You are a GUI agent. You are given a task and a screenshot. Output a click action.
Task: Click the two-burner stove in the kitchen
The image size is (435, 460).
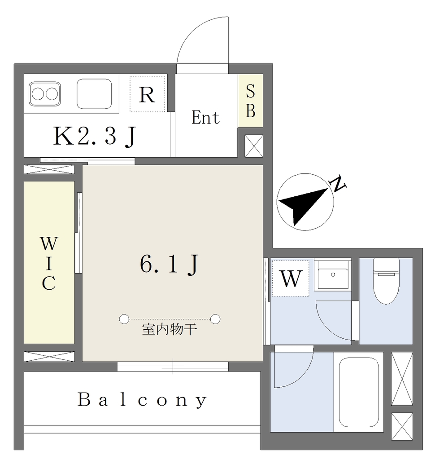point(44,94)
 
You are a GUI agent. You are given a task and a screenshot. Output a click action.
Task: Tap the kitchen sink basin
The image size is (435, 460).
point(94,94)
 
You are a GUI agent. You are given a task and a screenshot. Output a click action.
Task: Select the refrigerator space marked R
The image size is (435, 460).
point(148,94)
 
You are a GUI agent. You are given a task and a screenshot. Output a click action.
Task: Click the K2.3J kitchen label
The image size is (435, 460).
point(94,136)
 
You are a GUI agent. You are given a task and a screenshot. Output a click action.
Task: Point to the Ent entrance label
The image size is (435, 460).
point(205,118)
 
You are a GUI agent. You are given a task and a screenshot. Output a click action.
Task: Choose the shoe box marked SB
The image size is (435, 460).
point(250,101)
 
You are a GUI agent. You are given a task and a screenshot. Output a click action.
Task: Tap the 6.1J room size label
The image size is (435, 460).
point(170,264)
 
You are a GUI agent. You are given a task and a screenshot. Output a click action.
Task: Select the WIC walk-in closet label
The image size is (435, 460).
point(49,263)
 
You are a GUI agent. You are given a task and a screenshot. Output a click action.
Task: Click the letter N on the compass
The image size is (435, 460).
point(338,184)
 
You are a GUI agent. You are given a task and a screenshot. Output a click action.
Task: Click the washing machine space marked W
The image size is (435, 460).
point(291,279)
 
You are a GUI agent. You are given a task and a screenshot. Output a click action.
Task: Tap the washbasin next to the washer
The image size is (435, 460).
point(333,275)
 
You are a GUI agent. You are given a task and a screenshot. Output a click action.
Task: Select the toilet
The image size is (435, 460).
point(386,280)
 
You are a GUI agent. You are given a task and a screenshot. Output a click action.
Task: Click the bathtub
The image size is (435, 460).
point(359,392)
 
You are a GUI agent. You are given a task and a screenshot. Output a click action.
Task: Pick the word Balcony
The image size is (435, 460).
point(142,400)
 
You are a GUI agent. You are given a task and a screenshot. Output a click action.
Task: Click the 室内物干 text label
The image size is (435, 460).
point(170,329)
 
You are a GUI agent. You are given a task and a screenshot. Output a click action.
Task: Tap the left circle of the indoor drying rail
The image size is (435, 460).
point(124,319)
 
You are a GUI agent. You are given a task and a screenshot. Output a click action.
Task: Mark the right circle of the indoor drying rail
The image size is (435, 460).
point(215,319)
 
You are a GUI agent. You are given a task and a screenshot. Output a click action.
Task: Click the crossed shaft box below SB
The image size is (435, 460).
point(254,146)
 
